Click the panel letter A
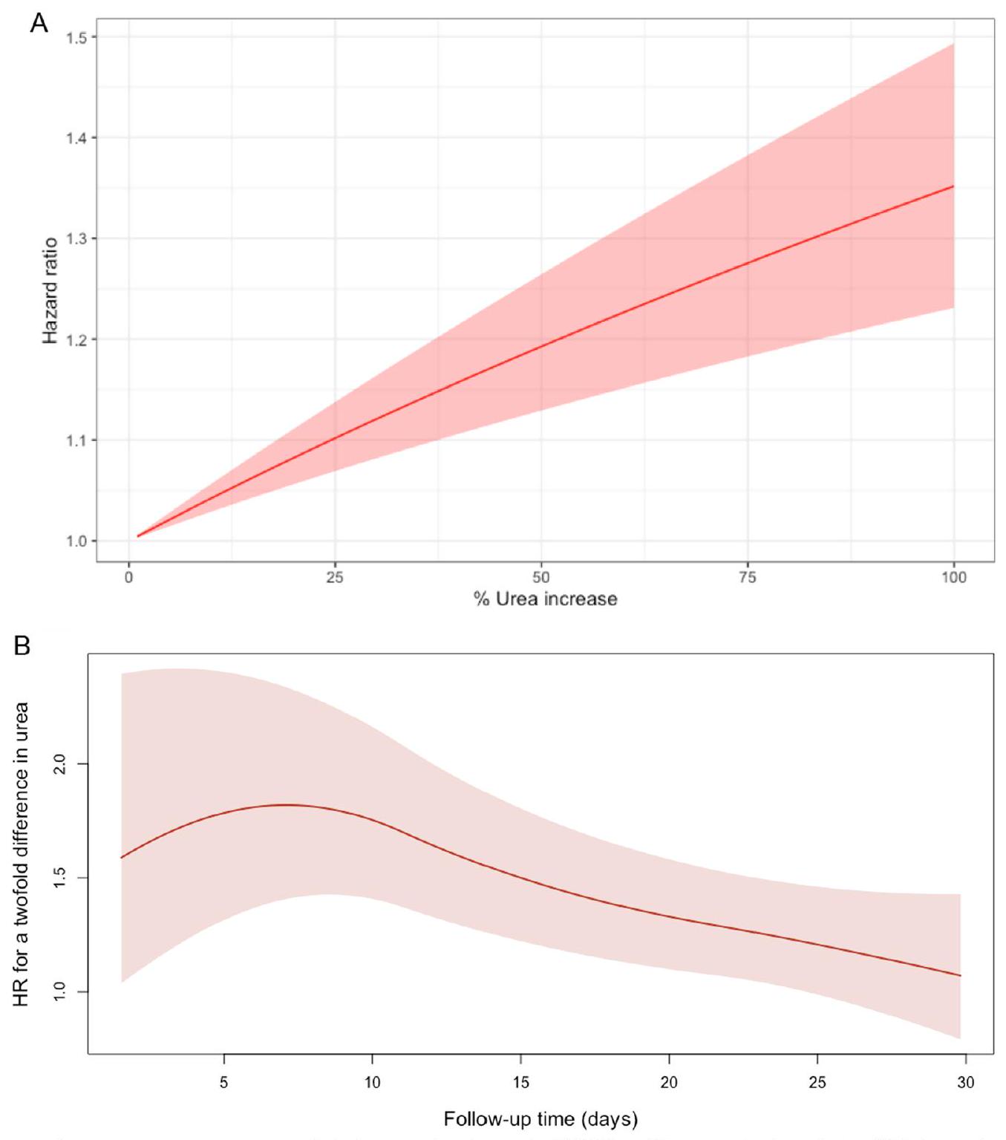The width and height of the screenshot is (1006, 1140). coord(39,23)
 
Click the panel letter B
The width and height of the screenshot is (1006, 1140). coord(22,645)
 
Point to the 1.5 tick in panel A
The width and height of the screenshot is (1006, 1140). coord(76,37)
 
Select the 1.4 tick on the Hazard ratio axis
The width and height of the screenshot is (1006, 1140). coord(76,138)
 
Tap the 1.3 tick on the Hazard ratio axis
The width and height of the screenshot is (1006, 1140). coord(76,238)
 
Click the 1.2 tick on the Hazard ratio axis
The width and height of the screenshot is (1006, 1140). coord(76,339)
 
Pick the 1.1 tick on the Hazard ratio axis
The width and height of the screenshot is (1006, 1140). coord(76,440)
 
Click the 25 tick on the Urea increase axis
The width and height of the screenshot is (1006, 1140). coord(335,577)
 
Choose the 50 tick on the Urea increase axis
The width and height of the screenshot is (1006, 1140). coord(541,577)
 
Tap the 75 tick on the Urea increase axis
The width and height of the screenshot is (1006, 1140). coord(748,577)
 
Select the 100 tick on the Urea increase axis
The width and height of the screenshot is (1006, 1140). coord(954,577)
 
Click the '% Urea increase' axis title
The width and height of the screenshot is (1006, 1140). coord(546,599)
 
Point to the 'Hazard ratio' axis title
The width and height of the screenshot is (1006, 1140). coord(50,290)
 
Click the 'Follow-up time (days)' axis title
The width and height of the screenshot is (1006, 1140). coord(540,1119)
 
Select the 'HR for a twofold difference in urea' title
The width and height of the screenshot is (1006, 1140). coord(21,854)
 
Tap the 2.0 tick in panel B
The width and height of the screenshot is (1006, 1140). coord(60,763)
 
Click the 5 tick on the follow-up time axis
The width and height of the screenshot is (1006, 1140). coord(223,1082)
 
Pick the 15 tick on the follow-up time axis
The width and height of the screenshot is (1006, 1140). coord(520,1082)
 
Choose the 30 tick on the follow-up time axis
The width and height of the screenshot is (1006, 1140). coord(965,1082)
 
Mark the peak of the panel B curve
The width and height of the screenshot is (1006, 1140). coord(286,804)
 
